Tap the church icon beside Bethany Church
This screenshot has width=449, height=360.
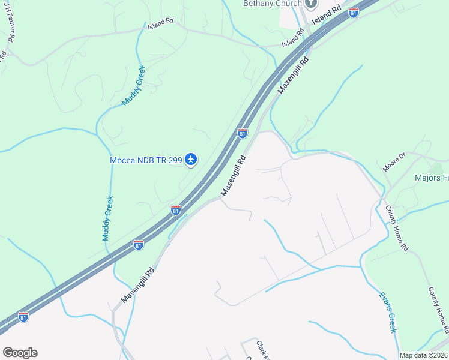coord(310,4)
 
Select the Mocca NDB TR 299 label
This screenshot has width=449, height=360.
coord(146,160)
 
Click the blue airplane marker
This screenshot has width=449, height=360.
coord(191,159)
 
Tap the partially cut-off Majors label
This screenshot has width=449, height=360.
coord(432,178)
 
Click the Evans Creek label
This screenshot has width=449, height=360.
coord(388,312)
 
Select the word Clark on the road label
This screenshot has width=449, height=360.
coord(261,347)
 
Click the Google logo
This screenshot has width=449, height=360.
coord(20,353)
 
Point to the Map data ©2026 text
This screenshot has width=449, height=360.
coord(423,355)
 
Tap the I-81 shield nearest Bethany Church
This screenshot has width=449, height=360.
coord(354,12)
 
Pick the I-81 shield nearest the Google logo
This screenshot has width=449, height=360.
coord(23,316)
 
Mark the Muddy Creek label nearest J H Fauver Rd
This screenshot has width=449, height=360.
coord(134,85)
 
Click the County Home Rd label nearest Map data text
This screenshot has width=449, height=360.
coord(438,309)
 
